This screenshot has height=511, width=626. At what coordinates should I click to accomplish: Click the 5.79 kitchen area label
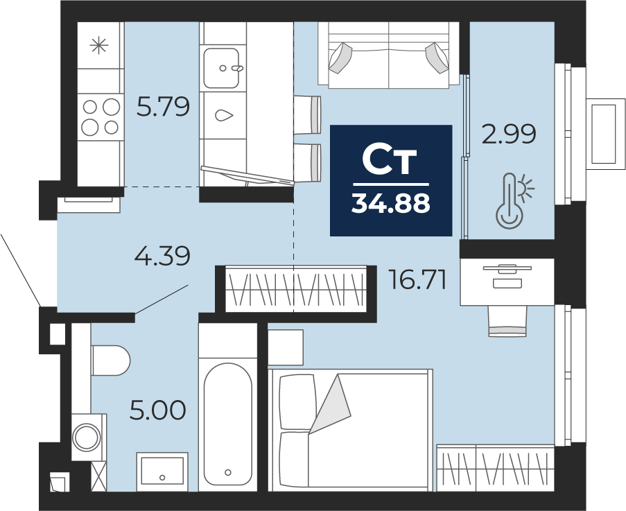(163, 107)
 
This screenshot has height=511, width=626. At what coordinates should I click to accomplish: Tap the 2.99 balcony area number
(510, 135)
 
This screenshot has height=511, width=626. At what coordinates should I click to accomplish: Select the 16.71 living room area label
(413, 280)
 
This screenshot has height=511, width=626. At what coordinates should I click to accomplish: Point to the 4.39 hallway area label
(162, 257)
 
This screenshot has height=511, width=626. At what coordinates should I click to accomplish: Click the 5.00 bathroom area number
(158, 410)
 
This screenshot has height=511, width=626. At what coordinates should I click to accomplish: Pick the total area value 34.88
(391, 204)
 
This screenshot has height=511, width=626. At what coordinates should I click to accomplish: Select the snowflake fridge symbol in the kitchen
(100, 46)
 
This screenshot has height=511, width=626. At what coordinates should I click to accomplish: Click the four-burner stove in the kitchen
(100, 116)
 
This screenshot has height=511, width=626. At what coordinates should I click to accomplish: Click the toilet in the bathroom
(110, 361)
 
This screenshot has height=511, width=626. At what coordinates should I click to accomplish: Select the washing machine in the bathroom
(89, 437)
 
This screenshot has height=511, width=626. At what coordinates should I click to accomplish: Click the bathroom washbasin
(162, 472)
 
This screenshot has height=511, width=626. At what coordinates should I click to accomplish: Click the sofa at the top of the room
(388, 55)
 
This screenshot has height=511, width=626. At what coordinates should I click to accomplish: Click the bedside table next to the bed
(286, 347)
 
